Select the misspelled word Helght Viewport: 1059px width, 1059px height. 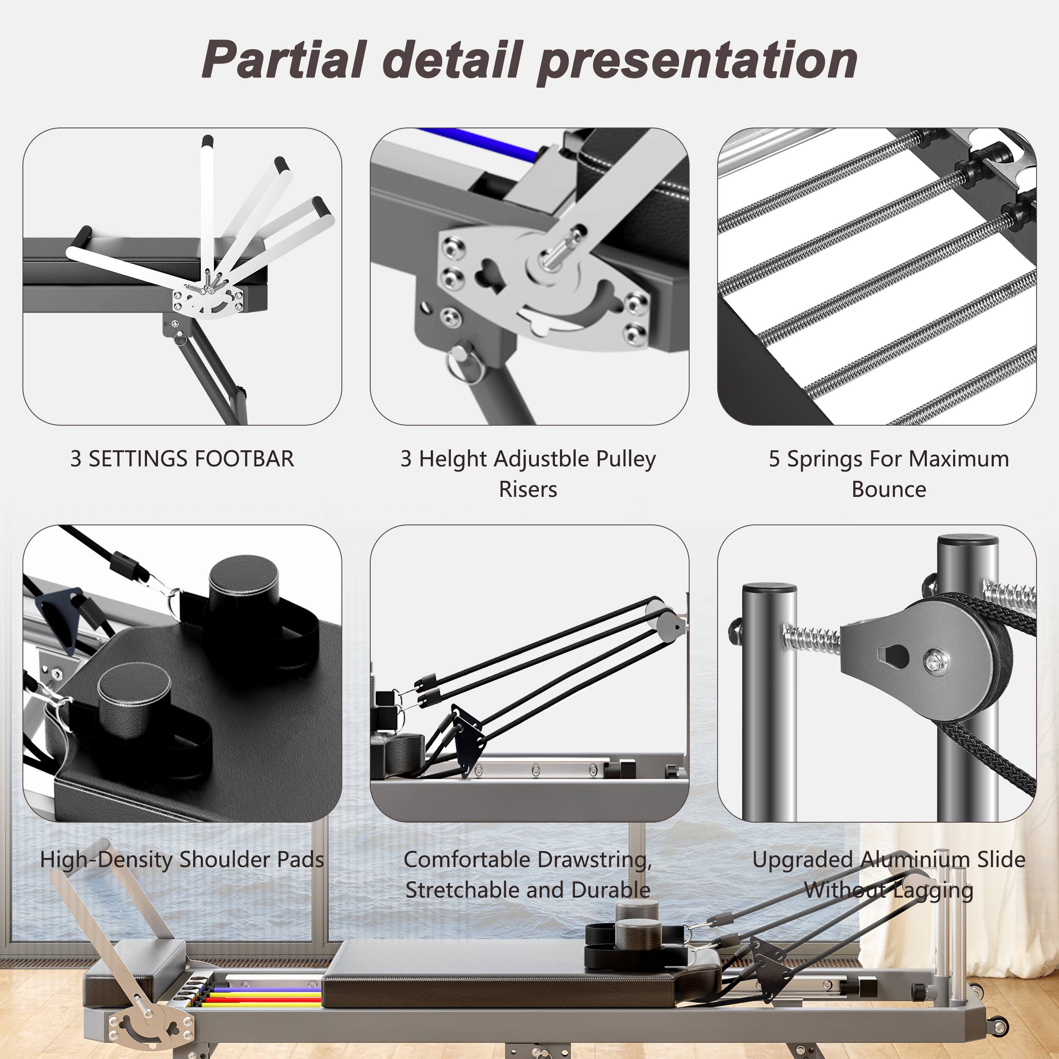click(x=450, y=459)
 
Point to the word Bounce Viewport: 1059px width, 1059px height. click(x=889, y=489)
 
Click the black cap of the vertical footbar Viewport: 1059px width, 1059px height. click(x=207, y=141)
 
